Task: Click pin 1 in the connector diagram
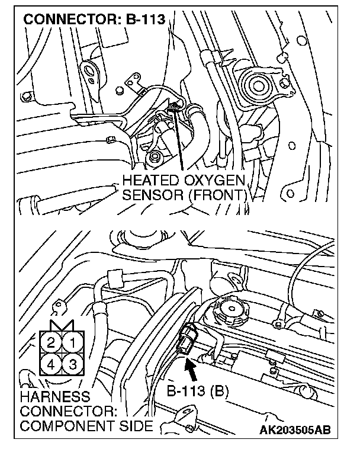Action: coord(72,342)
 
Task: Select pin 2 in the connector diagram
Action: coord(52,342)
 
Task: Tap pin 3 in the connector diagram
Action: coord(72,363)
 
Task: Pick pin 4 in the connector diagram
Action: coord(52,363)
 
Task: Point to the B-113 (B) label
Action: coord(195,392)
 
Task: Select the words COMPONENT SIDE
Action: coord(86,425)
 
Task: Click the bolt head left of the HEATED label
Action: coord(155,158)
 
